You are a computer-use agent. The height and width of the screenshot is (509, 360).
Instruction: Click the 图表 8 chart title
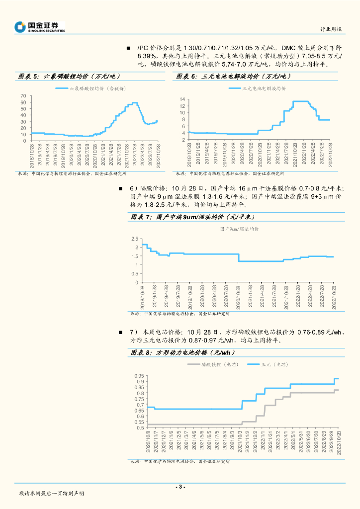click(x=183, y=352)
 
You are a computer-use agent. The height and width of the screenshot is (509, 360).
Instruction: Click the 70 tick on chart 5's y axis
click(x=23, y=95)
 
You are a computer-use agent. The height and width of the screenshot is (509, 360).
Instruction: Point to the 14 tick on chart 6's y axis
click(x=182, y=99)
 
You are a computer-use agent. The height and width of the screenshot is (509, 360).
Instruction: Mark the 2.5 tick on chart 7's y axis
click(x=134, y=239)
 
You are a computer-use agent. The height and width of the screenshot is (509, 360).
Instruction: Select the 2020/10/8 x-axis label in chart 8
click(x=148, y=442)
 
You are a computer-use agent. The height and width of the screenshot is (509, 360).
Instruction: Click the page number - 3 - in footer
click(x=180, y=487)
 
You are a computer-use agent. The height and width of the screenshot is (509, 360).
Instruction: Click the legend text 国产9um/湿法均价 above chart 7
click(x=239, y=229)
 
